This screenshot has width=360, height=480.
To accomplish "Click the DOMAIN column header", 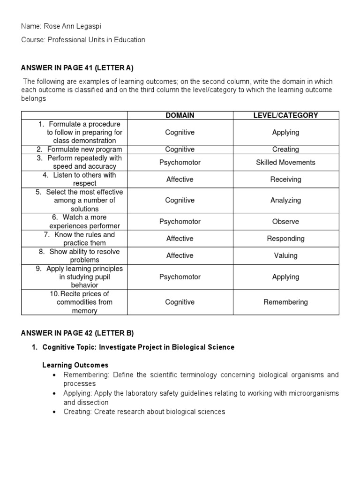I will (180, 115).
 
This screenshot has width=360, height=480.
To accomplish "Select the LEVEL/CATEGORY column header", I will (285, 115).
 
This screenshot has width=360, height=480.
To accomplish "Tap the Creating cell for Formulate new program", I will (285, 150).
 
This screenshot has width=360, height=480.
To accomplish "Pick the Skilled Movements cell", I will (285, 163).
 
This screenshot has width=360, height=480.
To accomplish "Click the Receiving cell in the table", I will (285, 180).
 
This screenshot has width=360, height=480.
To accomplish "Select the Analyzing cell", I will (285, 201).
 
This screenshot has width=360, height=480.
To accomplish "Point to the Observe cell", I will (285, 222).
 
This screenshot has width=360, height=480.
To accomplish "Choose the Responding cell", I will (285, 239).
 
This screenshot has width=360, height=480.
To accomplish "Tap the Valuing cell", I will (285, 255).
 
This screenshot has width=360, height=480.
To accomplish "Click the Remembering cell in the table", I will (285, 302).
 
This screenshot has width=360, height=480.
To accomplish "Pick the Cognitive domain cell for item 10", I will (180, 302).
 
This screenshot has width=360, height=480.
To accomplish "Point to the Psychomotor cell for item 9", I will (180, 277).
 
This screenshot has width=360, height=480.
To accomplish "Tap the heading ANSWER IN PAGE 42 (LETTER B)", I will (77, 333).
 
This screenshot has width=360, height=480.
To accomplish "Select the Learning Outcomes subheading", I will (75, 365).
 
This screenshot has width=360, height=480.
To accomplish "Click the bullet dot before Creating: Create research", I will (55, 412).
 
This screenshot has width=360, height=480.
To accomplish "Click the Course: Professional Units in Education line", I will (83, 40).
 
